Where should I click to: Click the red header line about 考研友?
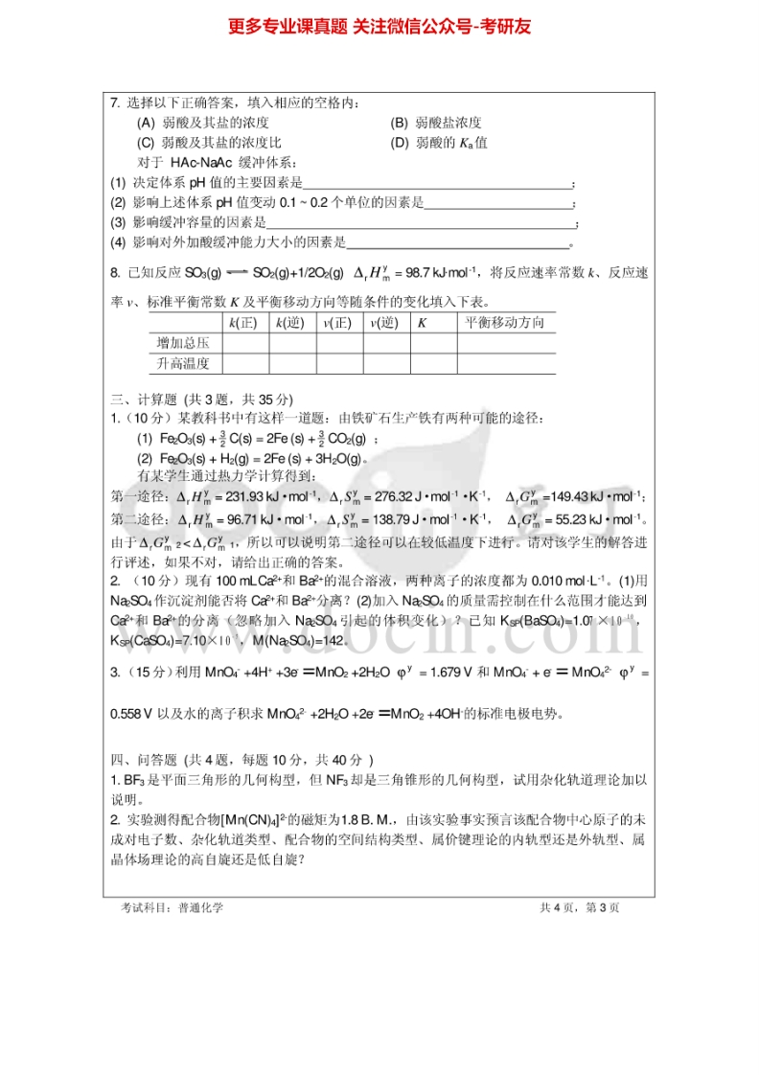point(379,27)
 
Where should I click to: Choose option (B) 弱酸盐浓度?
point(436,123)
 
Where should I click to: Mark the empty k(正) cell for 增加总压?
point(246,343)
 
